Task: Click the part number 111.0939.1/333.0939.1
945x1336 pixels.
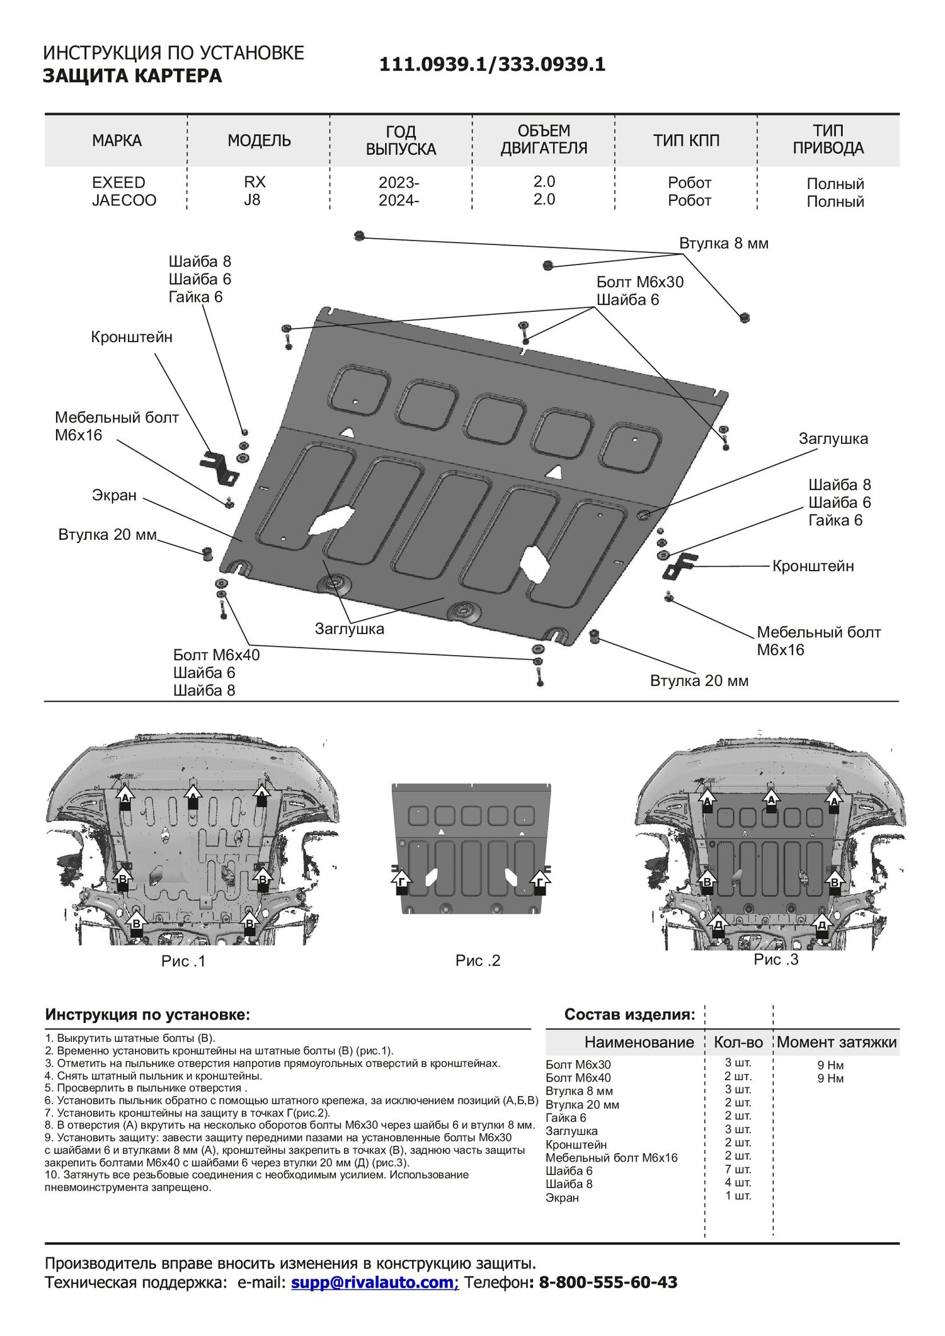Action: [492, 64]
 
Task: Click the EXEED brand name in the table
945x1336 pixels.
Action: [118, 183]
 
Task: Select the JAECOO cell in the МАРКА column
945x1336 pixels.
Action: [124, 200]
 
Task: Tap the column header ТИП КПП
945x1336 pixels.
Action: [686, 140]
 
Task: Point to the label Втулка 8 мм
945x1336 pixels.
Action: [724, 244]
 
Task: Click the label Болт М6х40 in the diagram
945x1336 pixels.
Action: [216, 655]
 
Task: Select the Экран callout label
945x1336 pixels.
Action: [114, 496]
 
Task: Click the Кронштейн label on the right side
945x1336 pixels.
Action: [813, 566]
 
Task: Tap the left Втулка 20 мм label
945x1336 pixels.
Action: [107, 535]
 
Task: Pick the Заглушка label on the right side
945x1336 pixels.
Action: [833, 439]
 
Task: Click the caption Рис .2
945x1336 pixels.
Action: [478, 961]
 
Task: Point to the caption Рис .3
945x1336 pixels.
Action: [776, 959]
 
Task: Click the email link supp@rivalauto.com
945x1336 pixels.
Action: [374, 1282]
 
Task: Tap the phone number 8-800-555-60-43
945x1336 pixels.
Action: [607, 1282]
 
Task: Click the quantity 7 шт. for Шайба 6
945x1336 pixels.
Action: [738, 1170]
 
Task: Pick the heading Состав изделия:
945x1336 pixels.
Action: [629, 1014]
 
